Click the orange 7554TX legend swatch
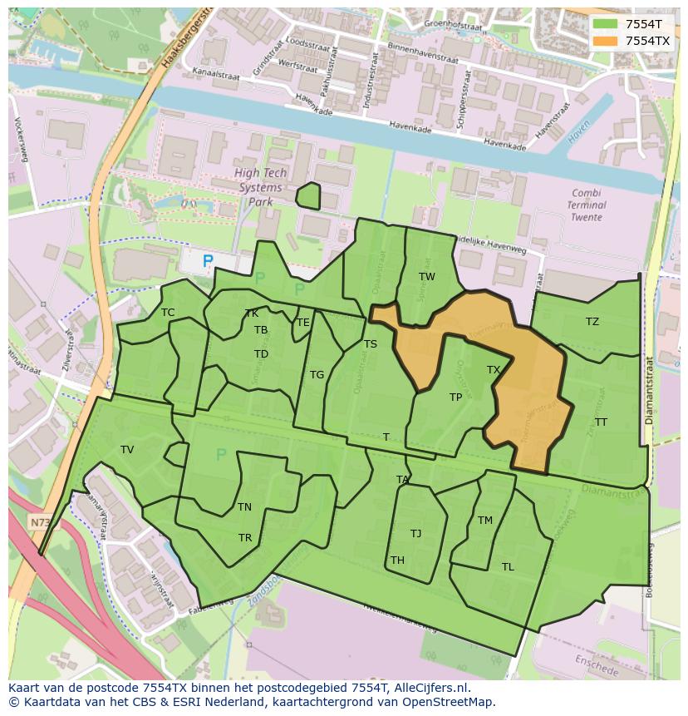click(x=607, y=41)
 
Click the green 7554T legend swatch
click(x=607, y=24)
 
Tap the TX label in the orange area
click(x=494, y=370)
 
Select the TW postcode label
click(x=426, y=277)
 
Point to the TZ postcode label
click(x=592, y=322)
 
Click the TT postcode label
click(x=601, y=422)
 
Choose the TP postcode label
click(x=455, y=398)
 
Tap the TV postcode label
click(x=127, y=450)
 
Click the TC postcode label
click(x=168, y=313)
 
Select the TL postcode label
click(x=508, y=567)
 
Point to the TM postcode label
click(x=485, y=521)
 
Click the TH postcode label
click(x=397, y=560)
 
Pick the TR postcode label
click(x=245, y=538)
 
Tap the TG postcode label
click(x=317, y=375)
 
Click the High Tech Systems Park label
click(x=260, y=187)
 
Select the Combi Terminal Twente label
click(x=587, y=205)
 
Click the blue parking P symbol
click(x=208, y=261)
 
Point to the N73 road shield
click(x=40, y=522)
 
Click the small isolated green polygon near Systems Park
click(x=308, y=196)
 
